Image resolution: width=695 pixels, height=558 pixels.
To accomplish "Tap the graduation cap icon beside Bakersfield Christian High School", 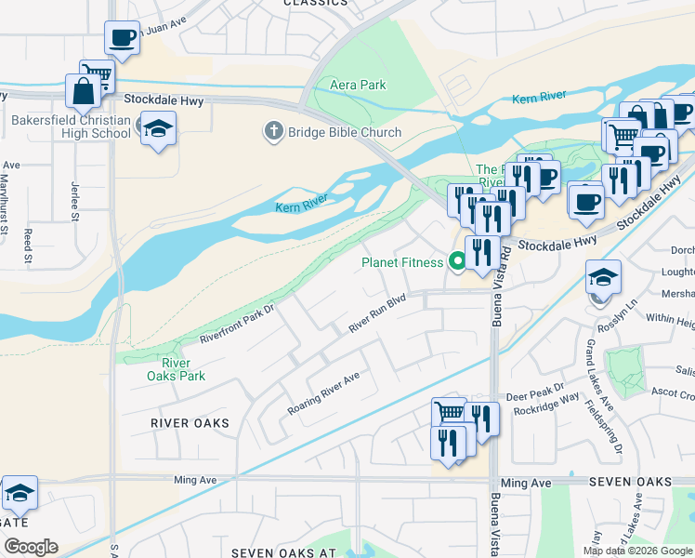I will click(x=158, y=128).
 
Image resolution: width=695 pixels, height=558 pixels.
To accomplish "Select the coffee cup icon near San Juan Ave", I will click(x=123, y=38).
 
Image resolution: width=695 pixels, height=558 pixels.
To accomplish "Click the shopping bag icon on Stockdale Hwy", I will click(x=83, y=91).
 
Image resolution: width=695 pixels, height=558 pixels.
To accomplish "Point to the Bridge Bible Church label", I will click(x=344, y=132).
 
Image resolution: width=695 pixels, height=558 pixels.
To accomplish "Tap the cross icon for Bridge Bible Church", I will click(x=274, y=132).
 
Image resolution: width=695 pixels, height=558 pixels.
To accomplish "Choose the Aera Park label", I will click(x=358, y=85).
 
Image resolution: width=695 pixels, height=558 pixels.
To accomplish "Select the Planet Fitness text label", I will click(x=402, y=262).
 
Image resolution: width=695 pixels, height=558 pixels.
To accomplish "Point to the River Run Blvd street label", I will click(x=377, y=314).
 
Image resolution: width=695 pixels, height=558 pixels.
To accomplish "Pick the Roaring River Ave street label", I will click(x=322, y=393).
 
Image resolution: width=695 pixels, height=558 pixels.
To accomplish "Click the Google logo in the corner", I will click(x=30, y=547).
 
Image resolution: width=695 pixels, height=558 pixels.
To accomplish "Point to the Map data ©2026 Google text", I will click(x=636, y=551).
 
